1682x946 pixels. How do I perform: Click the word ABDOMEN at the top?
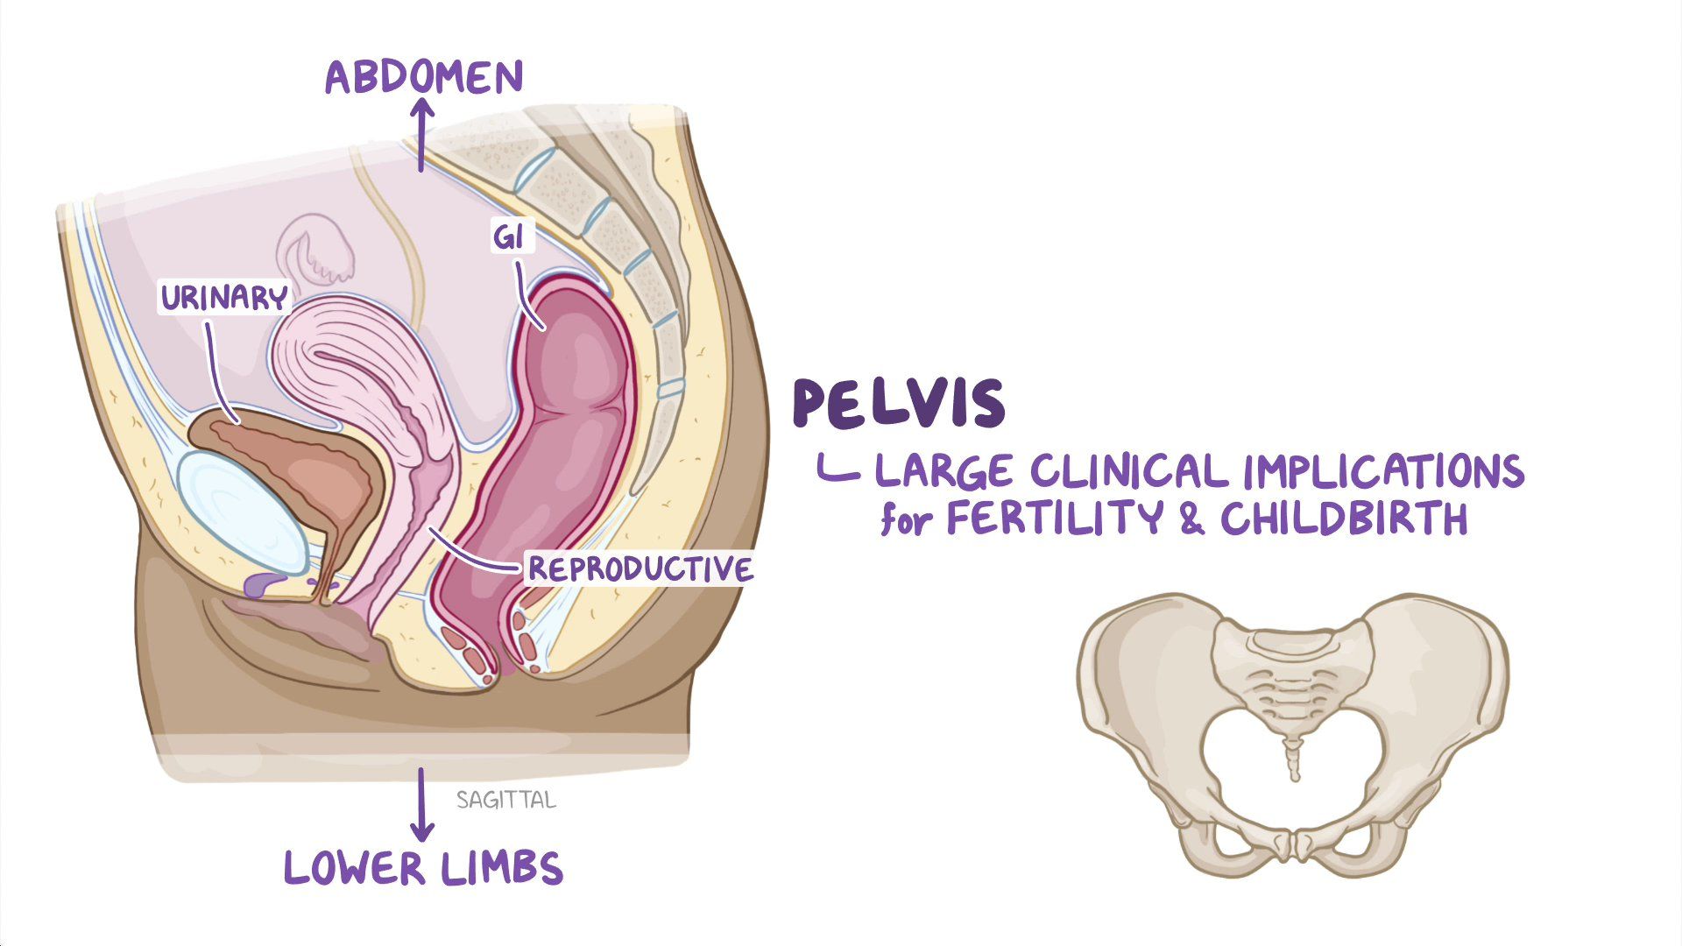[x=424, y=77]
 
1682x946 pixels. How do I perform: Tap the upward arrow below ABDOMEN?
[x=421, y=135]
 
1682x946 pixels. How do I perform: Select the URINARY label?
[x=224, y=299]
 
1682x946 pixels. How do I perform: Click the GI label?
[x=509, y=236]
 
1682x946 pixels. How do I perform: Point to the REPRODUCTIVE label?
[x=640, y=569]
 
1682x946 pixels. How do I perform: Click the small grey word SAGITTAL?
[x=506, y=800]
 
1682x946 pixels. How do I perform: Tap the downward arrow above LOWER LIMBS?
[x=422, y=805]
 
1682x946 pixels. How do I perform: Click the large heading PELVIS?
[x=899, y=405]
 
